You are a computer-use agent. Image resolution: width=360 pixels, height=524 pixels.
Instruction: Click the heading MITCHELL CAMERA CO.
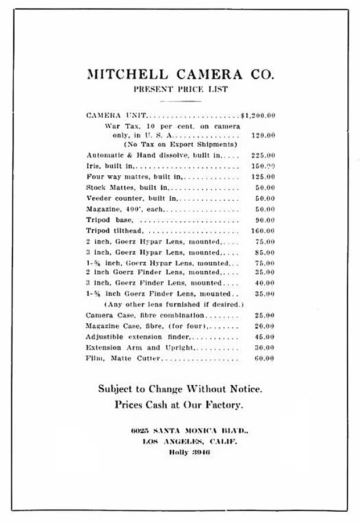(x=180, y=74)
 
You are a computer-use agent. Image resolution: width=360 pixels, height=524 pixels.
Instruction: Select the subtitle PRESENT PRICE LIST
(x=180, y=89)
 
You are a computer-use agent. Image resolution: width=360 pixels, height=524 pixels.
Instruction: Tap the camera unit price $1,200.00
(x=258, y=115)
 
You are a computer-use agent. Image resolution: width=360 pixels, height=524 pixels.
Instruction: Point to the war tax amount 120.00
(x=263, y=135)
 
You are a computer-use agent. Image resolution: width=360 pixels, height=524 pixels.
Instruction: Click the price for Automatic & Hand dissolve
(x=263, y=156)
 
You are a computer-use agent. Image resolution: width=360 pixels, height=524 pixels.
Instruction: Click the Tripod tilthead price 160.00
(x=263, y=231)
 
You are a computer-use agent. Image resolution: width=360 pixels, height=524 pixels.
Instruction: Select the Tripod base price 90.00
(x=264, y=220)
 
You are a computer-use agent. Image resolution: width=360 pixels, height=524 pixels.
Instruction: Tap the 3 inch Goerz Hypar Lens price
(x=264, y=252)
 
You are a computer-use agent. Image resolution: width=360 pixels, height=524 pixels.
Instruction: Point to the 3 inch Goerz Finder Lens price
(x=264, y=283)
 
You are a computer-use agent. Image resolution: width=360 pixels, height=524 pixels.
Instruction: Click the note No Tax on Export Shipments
(x=180, y=144)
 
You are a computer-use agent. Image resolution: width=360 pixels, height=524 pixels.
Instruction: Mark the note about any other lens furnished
(x=174, y=304)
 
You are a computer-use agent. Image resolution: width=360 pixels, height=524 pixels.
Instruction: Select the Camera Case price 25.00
(x=264, y=315)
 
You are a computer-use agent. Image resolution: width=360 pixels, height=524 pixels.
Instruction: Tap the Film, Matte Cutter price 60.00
(x=264, y=359)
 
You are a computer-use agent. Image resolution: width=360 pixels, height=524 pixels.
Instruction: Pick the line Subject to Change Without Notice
(x=180, y=388)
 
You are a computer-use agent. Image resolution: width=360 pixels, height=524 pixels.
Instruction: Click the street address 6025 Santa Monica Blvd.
(x=190, y=431)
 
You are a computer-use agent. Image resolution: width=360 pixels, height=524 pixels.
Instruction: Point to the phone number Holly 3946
(x=189, y=452)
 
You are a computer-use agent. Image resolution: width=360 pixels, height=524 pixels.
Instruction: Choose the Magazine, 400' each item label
(x=125, y=209)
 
